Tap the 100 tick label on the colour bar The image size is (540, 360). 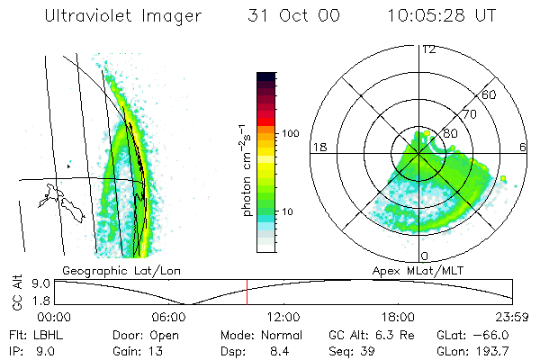point(289,133)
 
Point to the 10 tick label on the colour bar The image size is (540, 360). point(291,212)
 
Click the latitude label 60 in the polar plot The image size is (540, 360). point(490,94)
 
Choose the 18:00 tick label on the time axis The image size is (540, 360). point(398,316)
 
